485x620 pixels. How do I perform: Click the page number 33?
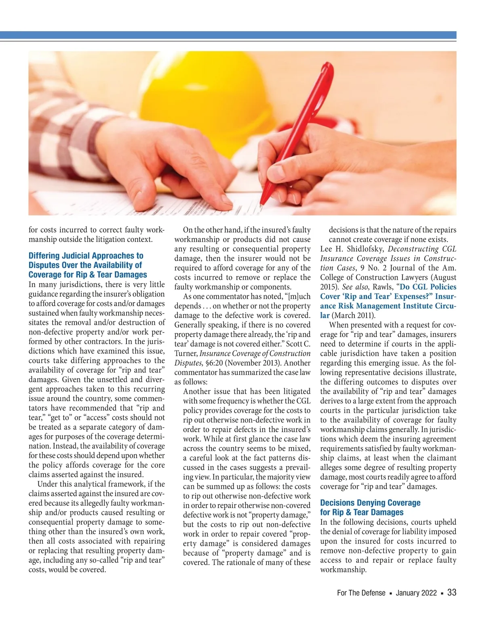tap(452, 593)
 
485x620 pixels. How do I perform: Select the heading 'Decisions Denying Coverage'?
tap(370, 503)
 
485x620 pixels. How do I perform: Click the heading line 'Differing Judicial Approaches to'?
tap(86, 256)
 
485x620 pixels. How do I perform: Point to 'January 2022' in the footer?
tap(416, 593)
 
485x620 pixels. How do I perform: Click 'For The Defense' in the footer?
tap(361, 593)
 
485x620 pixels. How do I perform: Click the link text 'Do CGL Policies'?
tap(428, 287)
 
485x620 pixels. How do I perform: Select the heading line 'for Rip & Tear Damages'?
tap(362, 512)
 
